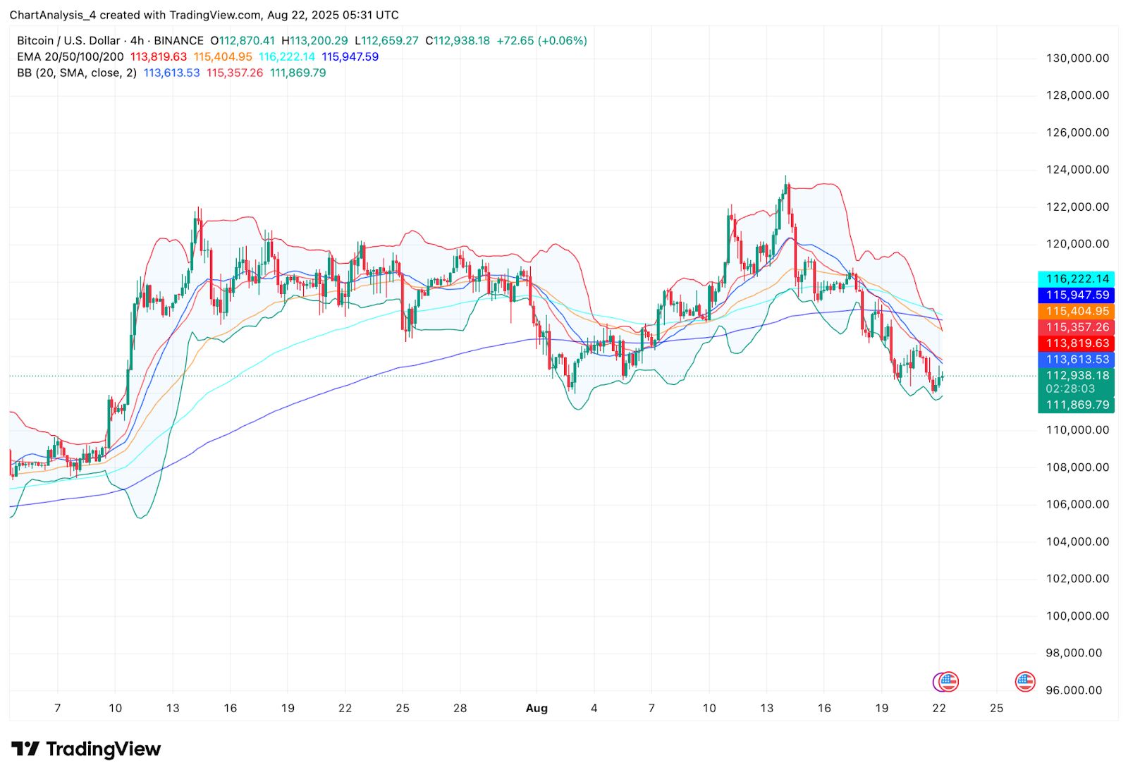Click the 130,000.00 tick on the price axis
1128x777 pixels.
tap(1077, 59)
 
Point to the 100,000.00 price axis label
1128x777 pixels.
tap(1077, 616)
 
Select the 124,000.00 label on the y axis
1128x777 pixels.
tap(1077, 169)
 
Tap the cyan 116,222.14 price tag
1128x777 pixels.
tap(1077, 279)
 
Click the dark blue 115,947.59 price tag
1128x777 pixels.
tap(1077, 295)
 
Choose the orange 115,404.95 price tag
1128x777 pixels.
tap(1077, 311)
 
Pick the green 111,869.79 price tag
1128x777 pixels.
tap(1077, 405)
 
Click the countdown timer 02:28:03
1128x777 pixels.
tap(1070, 388)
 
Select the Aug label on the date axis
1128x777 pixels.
tap(537, 708)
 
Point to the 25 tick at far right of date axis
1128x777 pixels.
tap(996, 708)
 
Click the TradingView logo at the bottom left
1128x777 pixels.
tap(86, 749)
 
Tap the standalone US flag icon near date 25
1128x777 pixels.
tap(1024, 681)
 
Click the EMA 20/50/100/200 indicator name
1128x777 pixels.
tap(70, 56)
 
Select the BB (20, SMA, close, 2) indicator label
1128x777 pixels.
tap(77, 73)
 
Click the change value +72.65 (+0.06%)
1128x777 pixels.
tap(541, 41)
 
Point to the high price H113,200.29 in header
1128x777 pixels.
tap(314, 41)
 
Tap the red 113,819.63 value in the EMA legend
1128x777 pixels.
tap(159, 56)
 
